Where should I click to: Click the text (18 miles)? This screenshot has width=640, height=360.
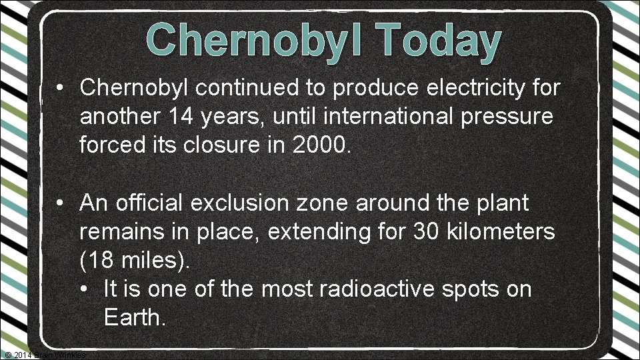click(x=135, y=261)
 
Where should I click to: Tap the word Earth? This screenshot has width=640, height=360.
click(x=133, y=318)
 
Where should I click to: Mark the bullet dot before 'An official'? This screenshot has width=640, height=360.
click(x=60, y=203)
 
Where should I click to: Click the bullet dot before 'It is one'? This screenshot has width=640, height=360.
click(x=85, y=290)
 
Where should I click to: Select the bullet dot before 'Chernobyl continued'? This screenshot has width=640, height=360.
click(x=60, y=88)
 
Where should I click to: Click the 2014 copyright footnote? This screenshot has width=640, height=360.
click(x=44, y=355)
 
